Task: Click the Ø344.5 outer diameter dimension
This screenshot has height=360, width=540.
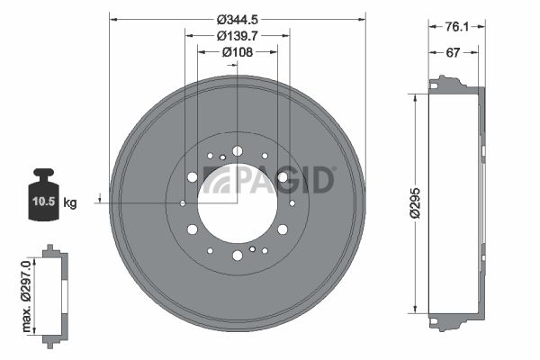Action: [238, 20]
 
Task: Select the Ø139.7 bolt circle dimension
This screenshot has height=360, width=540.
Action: [238, 35]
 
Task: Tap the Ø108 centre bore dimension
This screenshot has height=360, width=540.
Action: [238, 52]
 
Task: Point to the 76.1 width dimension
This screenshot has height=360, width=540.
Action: [457, 26]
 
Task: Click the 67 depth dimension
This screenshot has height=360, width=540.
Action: [453, 52]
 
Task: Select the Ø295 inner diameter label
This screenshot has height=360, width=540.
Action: [415, 203]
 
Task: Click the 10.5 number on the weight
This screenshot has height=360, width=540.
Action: [44, 201]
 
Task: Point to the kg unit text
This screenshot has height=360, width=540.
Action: [70, 202]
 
